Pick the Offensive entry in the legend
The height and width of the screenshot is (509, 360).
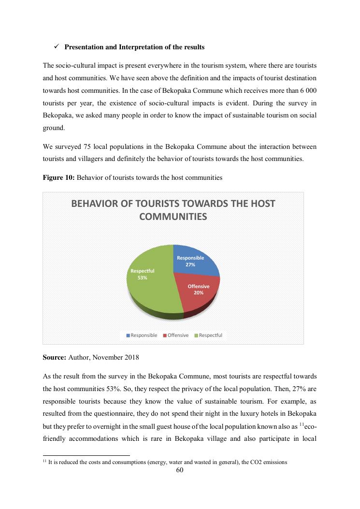[x=178, y=335]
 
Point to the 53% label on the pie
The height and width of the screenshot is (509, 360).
[x=142, y=278]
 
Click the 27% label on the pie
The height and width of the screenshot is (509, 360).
[x=190, y=265]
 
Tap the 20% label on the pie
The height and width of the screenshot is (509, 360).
[x=198, y=293]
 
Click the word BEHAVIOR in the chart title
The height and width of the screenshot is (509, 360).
[x=96, y=204]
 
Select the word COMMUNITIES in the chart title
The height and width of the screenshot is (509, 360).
[x=173, y=217]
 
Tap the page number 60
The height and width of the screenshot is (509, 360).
[x=180, y=470]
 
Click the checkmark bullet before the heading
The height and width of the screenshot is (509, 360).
[x=56, y=47]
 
